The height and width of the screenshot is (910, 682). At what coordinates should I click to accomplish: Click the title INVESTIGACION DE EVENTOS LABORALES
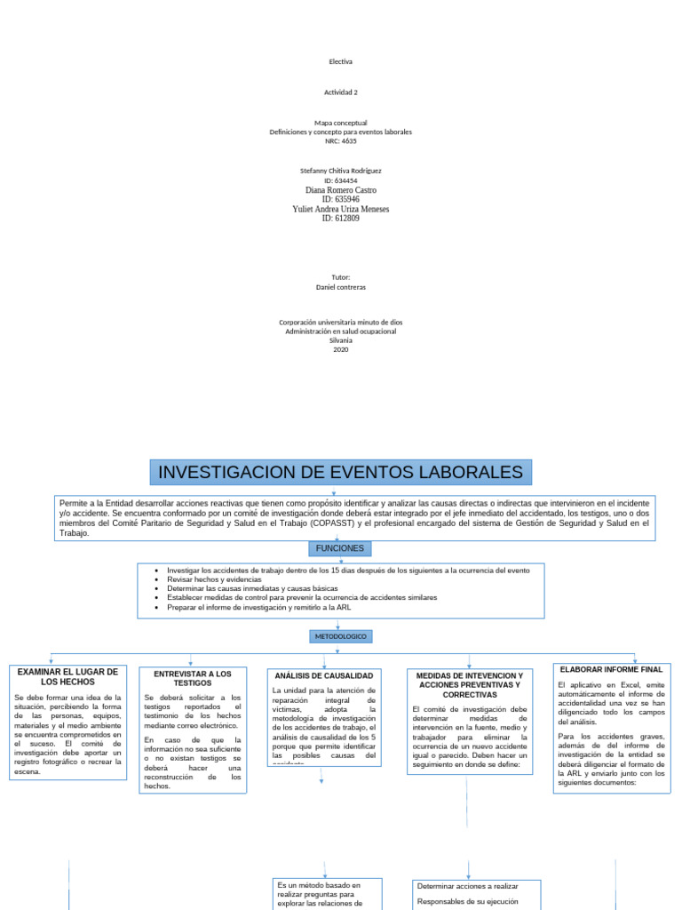click(x=340, y=471)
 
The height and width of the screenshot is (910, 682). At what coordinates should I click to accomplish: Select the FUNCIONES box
click(x=340, y=548)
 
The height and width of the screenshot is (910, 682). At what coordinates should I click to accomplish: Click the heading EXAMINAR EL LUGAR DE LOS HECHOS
click(x=67, y=676)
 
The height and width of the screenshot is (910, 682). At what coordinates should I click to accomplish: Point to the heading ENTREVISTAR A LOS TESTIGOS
click(x=193, y=679)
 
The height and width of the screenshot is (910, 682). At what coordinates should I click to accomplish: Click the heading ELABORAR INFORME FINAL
click(x=612, y=668)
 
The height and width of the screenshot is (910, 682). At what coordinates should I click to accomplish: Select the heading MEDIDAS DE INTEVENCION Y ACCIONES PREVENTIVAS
click(x=469, y=685)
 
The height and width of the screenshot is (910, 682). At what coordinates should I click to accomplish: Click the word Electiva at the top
click(x=340, y=61)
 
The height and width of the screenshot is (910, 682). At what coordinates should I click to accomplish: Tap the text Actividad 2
click(x=340, y=92)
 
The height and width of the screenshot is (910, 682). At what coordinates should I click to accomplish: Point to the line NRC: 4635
click(x=340, y=140)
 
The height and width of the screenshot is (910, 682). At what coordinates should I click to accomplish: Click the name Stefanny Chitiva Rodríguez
click(x=340, y=171)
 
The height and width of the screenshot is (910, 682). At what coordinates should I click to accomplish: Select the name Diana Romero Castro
click(x=340, y=190)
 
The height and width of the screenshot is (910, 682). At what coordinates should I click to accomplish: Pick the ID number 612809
click(x=340, y=219)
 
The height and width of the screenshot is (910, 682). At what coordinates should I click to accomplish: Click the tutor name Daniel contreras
click(x=340, y=287)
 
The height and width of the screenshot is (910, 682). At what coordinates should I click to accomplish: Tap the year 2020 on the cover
click(x=340, y=349)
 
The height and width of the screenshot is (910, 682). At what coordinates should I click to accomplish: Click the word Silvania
click(x=340, y=340)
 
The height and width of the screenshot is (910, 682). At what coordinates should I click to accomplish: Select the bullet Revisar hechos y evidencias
click(x=214, y=579)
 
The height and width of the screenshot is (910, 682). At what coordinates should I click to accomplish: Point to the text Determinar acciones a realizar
click(x=467, y=886)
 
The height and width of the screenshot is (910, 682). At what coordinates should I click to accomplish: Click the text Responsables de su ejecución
click(x=467, y=902)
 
